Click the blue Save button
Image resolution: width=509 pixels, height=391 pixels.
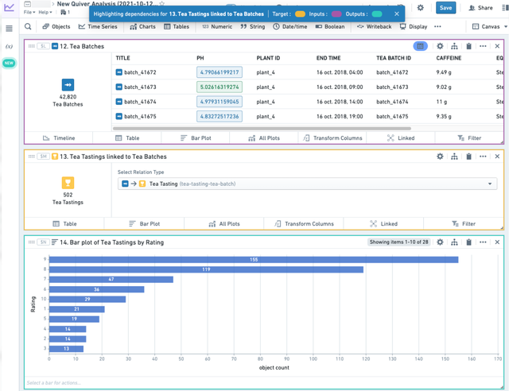[x=445, y=8]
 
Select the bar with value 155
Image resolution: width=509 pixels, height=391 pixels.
[x=254, y=260]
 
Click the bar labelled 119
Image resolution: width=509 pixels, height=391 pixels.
[x=207, y=269]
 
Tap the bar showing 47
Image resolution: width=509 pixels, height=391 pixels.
[x=111, y=280]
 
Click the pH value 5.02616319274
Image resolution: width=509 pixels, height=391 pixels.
[x=219, y=87]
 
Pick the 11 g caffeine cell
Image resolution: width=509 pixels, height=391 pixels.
[x=441, y=102]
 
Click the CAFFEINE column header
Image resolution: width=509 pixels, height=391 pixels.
[x=449, y=58]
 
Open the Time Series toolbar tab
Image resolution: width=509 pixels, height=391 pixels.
[x=98, y=26]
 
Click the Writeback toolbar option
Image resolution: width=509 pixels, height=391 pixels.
[x=374, y=26]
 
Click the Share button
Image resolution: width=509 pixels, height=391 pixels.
[x=480, y=8]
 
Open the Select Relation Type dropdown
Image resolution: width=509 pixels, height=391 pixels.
[x=306, y=184]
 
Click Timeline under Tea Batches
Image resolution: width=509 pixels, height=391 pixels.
[x=59, y=137]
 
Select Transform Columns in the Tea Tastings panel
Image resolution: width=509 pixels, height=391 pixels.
[x=305, y=224]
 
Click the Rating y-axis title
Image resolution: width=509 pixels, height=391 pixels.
[x=33, y=304]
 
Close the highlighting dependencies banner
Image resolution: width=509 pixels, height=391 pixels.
[x=397, y=14]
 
